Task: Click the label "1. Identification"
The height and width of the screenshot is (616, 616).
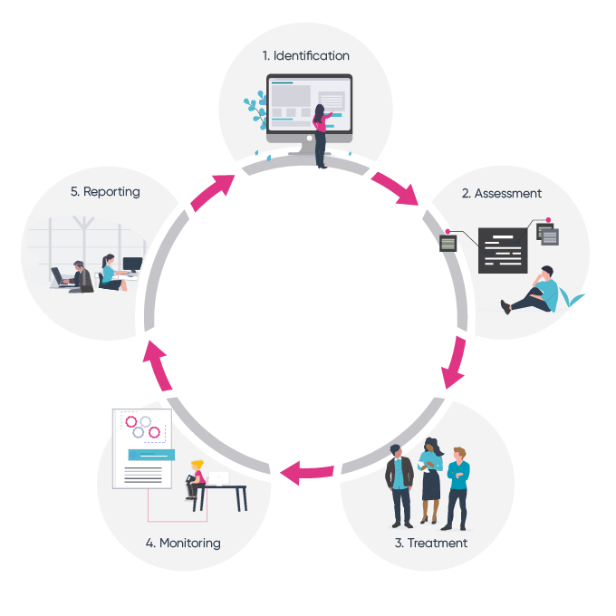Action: pos(305,56)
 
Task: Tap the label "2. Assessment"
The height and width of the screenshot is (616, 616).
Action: pos(501,193)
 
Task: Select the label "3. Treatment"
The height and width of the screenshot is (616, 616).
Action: pos(430,544)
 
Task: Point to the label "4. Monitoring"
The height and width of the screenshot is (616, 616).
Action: pos(183,544)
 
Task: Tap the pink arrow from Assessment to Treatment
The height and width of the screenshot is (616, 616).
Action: pos(456,362)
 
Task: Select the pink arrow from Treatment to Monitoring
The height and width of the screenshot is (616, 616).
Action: pos(306,470)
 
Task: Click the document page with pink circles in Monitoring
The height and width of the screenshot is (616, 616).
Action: pos(141,448)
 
